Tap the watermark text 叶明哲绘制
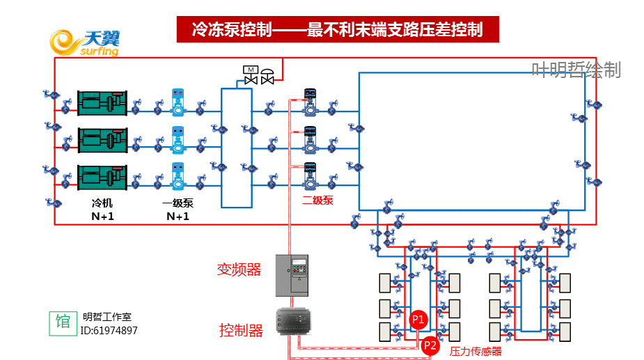tap(576, 70)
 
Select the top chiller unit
tap(102, 103)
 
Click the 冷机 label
tap(102, 203)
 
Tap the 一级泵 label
tap(178, 203)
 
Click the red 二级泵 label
tap(317, 201)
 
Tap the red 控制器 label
tap(241, 331)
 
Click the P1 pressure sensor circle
tap(418, 319)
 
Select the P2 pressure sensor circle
tap(430, 345)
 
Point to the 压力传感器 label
tap(476, 351)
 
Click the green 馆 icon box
tap(63, 322)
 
